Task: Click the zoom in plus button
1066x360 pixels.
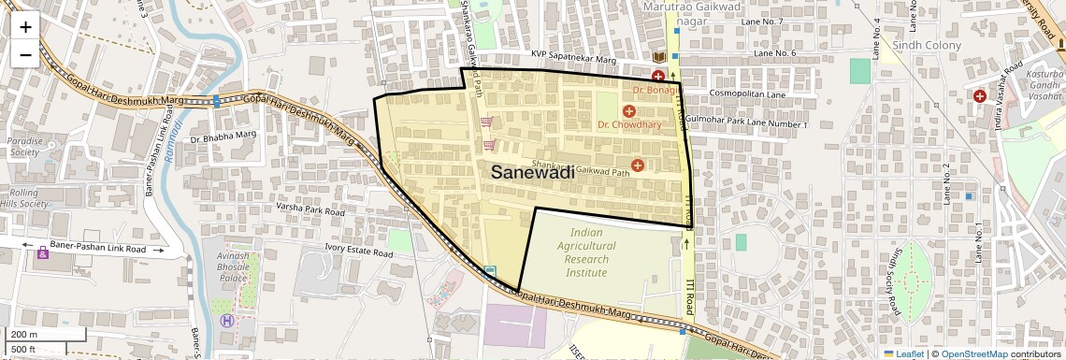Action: coord(25,27)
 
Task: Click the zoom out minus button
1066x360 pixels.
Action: coord(25,54)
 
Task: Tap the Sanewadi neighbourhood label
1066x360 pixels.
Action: coord(532,172)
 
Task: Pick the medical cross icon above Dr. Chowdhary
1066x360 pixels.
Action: coord(629,111)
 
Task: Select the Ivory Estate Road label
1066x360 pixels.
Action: coord(359,252)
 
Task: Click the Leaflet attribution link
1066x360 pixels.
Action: coord(902,353)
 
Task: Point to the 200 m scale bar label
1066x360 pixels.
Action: coord(24,335)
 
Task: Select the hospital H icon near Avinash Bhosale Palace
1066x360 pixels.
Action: coord(225,321)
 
